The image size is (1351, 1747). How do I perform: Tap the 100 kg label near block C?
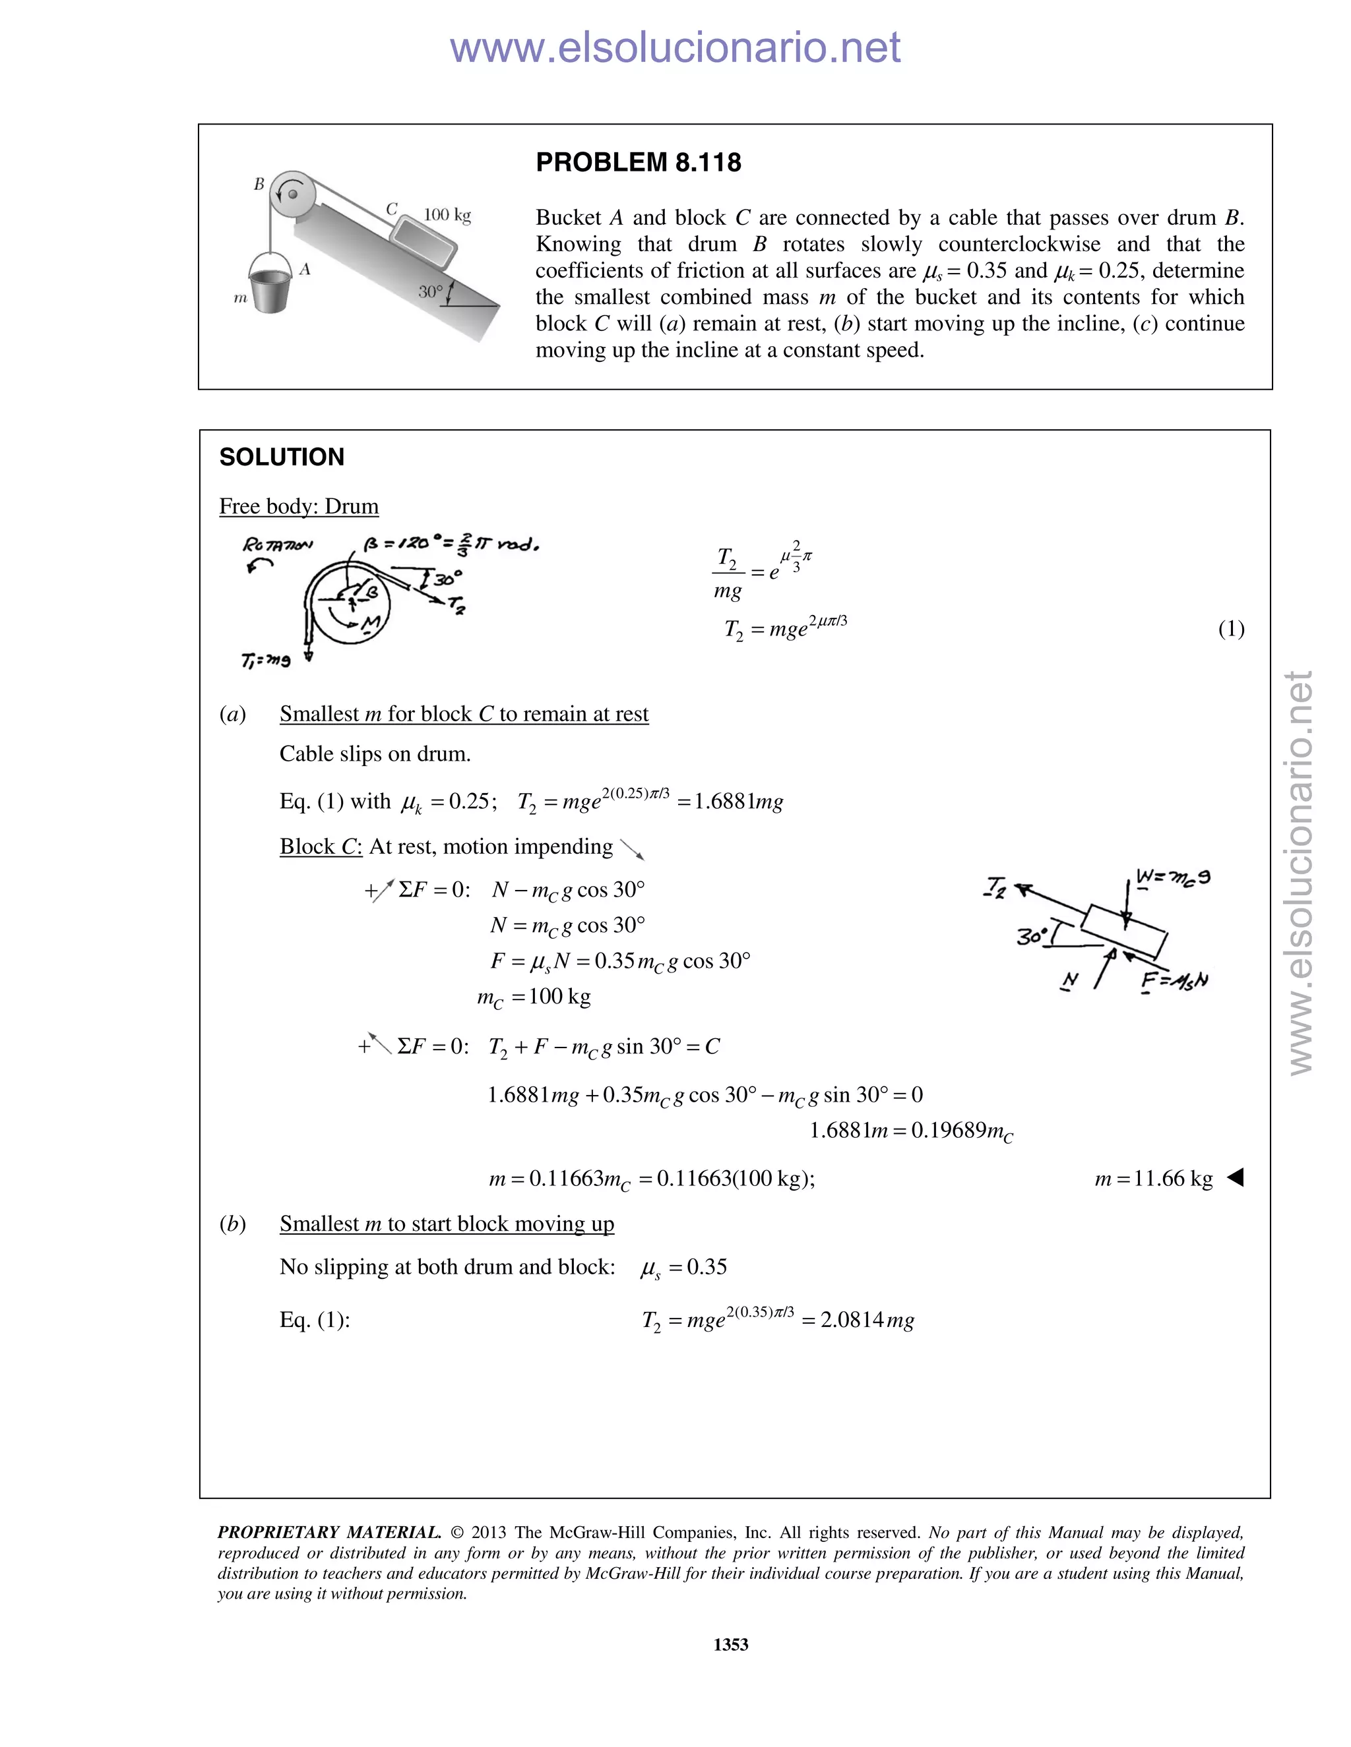447,215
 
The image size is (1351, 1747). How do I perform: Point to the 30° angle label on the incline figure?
431,291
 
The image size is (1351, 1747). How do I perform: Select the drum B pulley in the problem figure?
292,194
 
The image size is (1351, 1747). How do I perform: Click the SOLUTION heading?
282,457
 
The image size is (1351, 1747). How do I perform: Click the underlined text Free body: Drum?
299,506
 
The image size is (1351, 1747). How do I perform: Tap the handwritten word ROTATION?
278,545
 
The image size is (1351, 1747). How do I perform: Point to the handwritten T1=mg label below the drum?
266,660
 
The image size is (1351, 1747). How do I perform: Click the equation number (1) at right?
1231,629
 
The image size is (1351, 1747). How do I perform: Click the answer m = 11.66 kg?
1153,1178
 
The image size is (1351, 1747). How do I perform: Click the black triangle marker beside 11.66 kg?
1235,1177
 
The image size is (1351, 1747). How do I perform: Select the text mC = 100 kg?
534,997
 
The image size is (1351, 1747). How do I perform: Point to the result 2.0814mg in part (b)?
867,1320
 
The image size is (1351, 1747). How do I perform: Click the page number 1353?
731,1645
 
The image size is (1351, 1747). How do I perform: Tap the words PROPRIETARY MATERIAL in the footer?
329,1533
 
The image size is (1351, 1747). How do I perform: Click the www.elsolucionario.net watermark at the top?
675,47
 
